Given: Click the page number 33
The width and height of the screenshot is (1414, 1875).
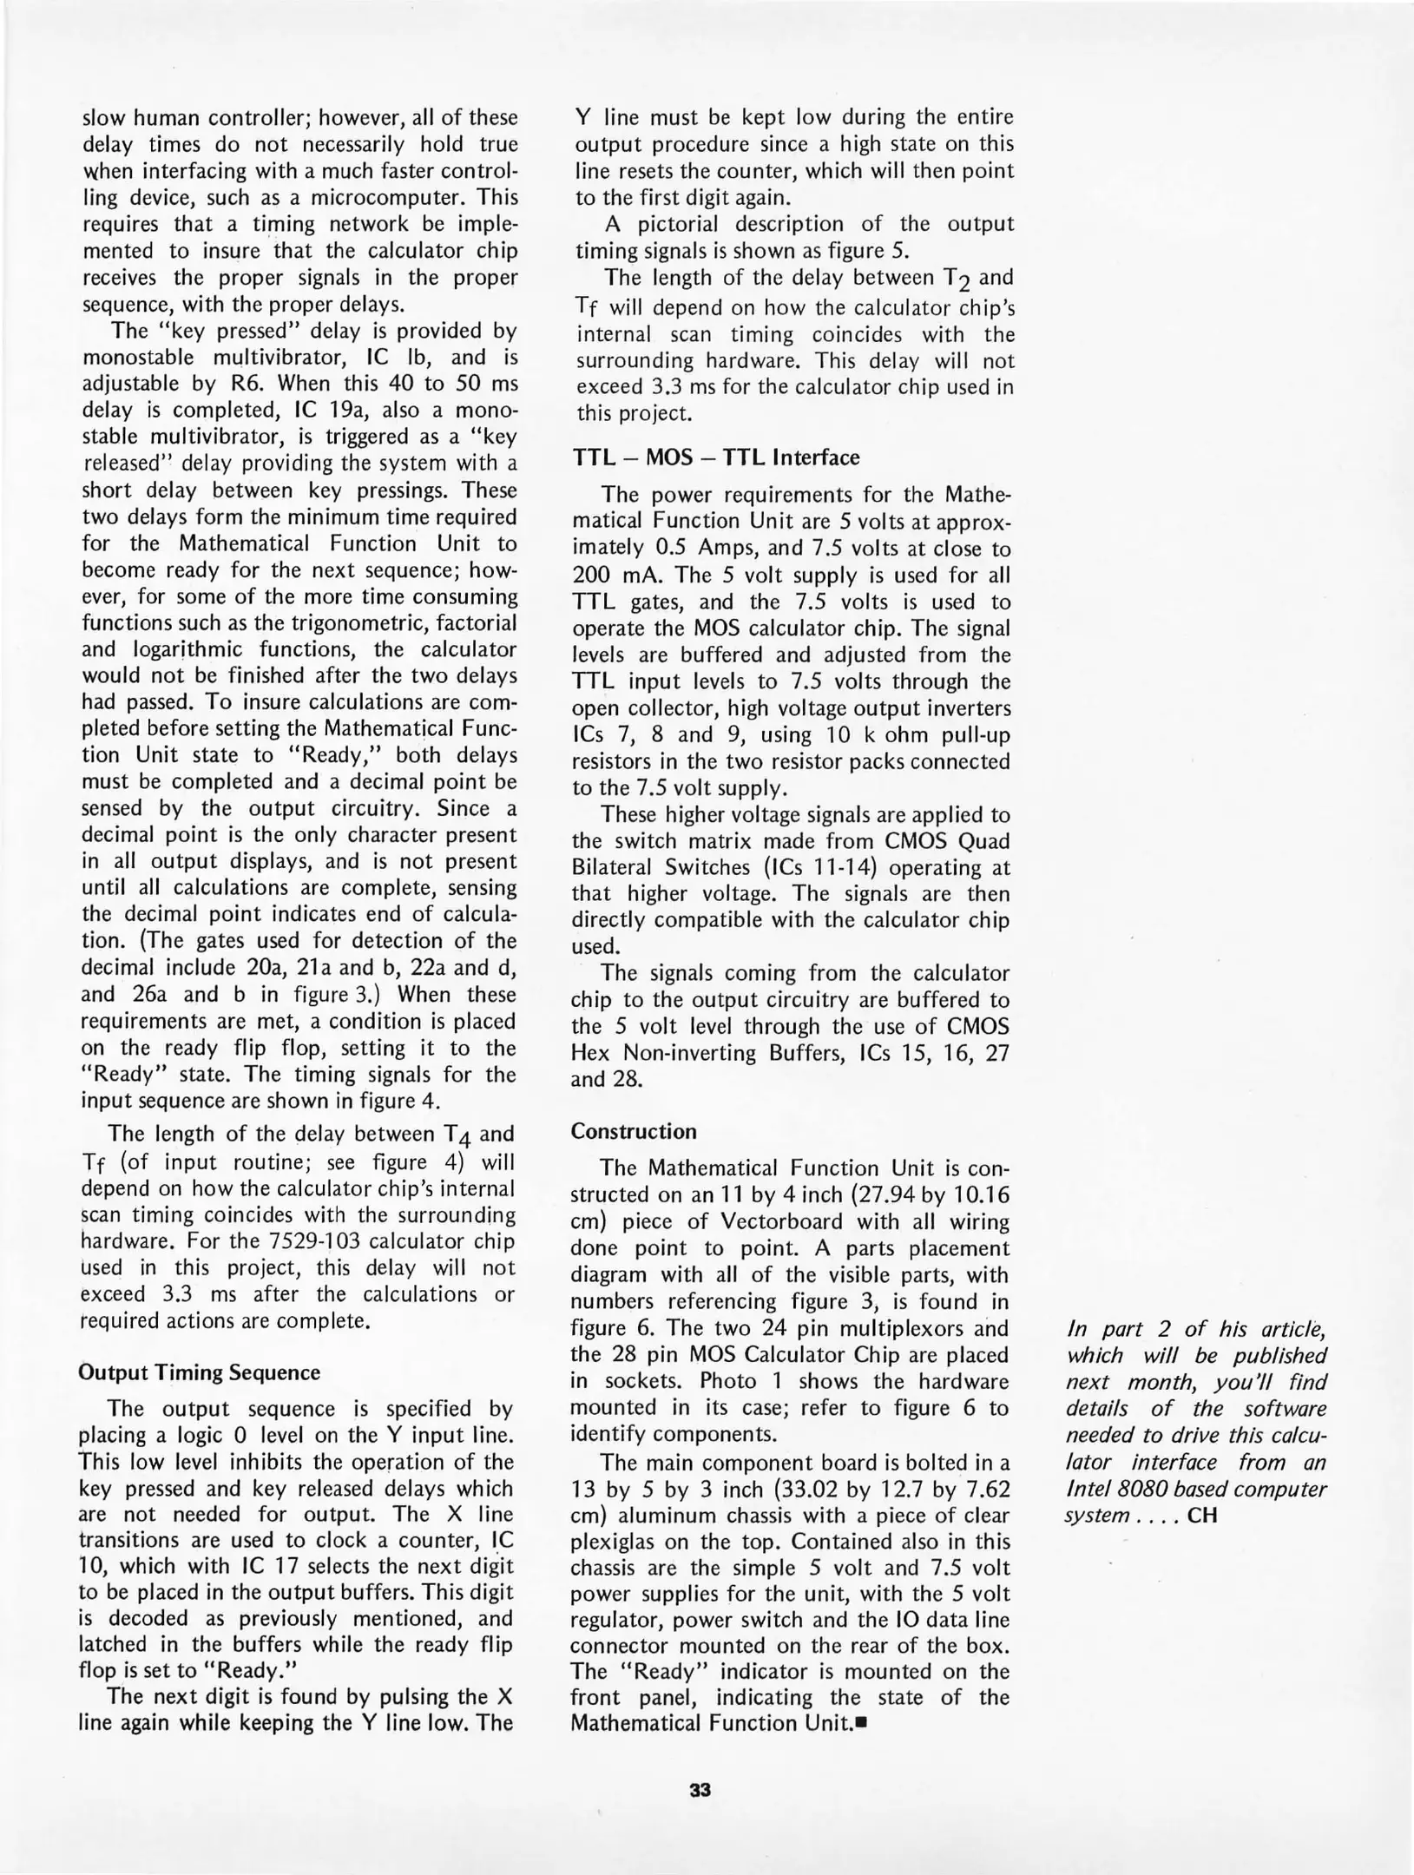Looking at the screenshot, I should [x=700, y=1790].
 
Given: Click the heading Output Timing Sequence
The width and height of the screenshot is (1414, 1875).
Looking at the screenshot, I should [x=199, y=1372].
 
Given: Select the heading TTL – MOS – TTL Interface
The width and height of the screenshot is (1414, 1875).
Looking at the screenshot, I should [x=716, y=457].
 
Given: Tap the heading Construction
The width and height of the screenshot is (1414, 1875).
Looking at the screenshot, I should [x=634, y=1131].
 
